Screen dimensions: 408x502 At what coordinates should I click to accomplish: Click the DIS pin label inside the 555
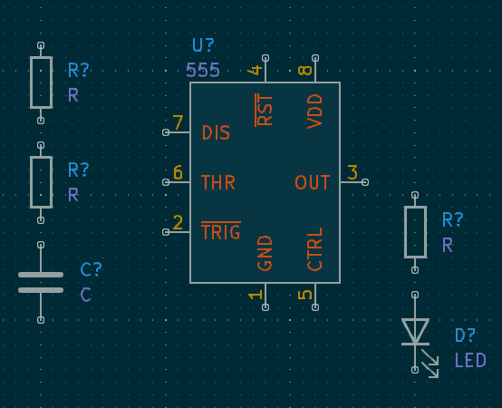tap(216, 133)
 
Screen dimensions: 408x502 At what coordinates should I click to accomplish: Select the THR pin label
tap(217, 183)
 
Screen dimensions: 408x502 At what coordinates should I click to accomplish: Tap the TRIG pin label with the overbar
tap(220, 232)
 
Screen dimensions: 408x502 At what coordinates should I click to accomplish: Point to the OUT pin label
tap(313, 183)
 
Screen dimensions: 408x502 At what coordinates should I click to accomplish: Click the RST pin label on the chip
tap(265, 110)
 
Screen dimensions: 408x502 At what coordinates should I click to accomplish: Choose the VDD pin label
tap(315, 111)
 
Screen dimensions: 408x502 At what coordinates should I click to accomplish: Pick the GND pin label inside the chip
tap(265, 253)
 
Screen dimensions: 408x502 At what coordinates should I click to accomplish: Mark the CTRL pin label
tap(315, 249)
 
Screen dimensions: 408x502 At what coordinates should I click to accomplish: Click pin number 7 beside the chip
tap(178, 122)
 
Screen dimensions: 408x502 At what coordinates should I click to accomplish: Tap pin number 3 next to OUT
tap(352, 172)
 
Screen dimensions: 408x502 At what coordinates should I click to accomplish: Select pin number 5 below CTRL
tap(305, 294)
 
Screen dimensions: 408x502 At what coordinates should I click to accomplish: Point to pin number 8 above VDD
tap(305, 70)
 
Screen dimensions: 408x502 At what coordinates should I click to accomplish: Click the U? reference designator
tap(204, 45)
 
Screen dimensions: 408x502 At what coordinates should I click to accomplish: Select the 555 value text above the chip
tap(203, 70)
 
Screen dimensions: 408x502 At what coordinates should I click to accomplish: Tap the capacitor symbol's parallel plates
tap(41, 282)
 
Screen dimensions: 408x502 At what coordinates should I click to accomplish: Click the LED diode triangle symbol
tap(415, 331)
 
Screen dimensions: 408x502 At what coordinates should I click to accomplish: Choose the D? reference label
tap(466, 336)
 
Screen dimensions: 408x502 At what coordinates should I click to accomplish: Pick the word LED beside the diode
tap(470, 361)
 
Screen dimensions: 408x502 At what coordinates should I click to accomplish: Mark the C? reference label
tap(92, 269)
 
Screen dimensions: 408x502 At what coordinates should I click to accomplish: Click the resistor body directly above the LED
tap(415, 232)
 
